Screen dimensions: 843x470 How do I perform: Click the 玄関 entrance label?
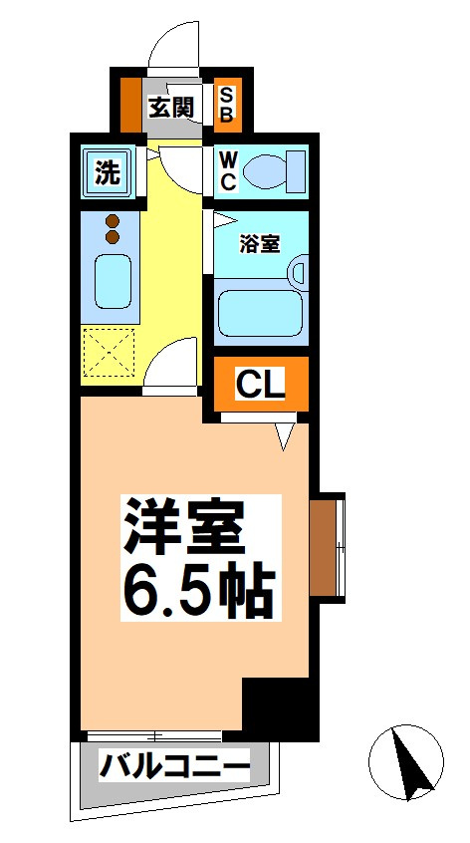coord(170,108)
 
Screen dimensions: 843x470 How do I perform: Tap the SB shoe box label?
coord(227,105)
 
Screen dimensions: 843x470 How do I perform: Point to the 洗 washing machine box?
coord(107,171)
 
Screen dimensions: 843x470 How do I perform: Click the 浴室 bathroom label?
coord(259,242)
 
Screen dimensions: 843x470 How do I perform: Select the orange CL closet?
coord(260,383)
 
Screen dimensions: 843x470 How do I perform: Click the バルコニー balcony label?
coord(174,768)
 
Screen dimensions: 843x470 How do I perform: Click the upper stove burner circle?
coord(112,220)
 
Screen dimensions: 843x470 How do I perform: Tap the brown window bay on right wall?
coord(323,548)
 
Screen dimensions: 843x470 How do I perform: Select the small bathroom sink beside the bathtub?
coord(300,271)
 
